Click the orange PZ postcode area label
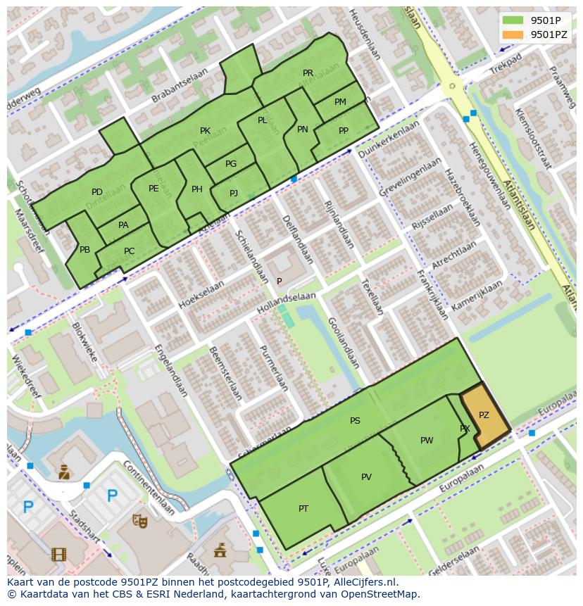click(484, 415)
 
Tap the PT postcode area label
click(303, 509)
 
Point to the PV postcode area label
click(366, 477)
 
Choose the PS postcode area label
click(355, 421)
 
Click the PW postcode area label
click(427, 441)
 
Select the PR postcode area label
click(308, 73)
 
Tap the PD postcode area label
click(97, 192)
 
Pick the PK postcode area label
click(205, 131)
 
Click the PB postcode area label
click(84, 250)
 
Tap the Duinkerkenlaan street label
click(388, 139)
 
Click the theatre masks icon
click(140, 521)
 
